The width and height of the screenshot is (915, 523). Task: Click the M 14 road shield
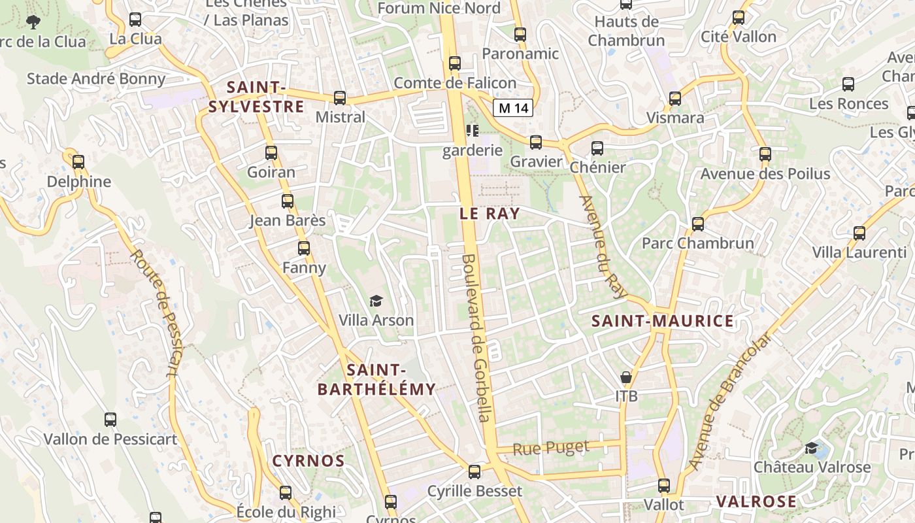point(513,109)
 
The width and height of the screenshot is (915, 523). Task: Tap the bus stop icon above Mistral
point(340,98)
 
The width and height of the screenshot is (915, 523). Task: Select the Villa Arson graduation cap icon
point(376,301)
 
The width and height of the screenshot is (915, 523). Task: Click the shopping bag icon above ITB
point(626,377)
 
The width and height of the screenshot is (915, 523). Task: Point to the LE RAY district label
point(490,213)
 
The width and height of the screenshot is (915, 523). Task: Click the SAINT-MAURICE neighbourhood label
point(663,321)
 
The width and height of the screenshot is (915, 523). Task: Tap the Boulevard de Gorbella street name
point(476,337)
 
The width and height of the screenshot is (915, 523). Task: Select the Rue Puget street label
point(550,448)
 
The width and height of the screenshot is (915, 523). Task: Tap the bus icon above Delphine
point(78,161)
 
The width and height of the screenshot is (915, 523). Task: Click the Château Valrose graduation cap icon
point(812,448)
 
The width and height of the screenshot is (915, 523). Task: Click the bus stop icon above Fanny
point(304,248)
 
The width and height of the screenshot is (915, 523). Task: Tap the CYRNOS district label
point(308,461)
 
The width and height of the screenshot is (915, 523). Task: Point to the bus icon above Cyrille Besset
point(474,471)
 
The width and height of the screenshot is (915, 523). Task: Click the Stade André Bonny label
point(96,79)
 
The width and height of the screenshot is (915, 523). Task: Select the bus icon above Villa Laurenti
point(859,233)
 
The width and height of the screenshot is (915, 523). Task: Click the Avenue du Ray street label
point(602,246)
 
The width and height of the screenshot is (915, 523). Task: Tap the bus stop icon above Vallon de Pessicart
point(110,420)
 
